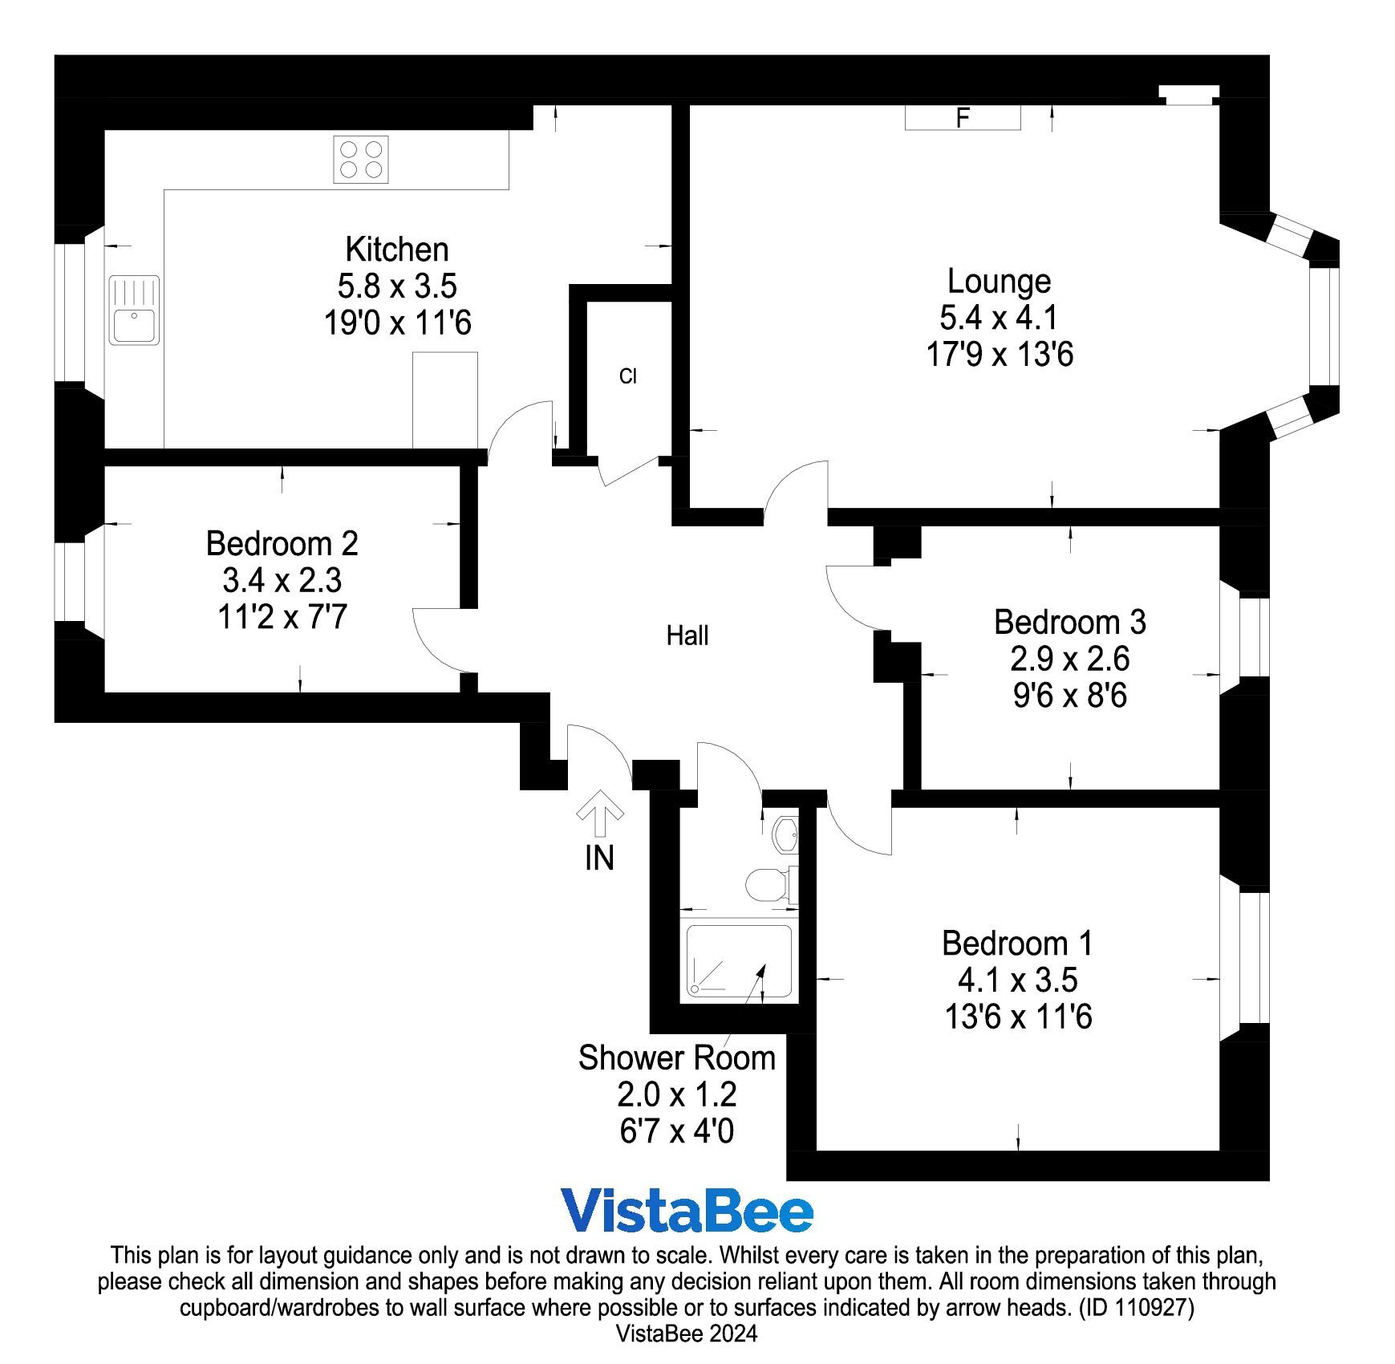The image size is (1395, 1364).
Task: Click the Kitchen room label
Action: coord(396,250)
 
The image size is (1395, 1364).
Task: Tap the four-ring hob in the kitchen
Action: coord(361,160)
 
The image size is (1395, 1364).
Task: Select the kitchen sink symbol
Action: coord(134,311)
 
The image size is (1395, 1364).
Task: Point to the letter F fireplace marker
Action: coord(963,118)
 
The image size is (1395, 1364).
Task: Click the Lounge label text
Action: coord(999,281)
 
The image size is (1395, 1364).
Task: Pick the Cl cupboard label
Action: coord(627,376)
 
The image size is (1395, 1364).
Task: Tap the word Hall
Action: coord(687,635)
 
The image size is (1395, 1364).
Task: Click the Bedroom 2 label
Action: coord(282,543)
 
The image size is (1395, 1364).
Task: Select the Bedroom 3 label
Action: coord(1070,622)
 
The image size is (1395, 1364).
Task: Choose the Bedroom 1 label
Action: coord(1017,943)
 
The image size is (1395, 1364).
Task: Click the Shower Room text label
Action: coord(677,1058)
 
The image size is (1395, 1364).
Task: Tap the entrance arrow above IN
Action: coord(599,814)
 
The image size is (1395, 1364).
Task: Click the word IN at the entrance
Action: coord(599,859)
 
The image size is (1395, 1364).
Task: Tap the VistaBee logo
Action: coord(687,1212)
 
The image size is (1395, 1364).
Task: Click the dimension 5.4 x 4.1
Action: coord(999,318)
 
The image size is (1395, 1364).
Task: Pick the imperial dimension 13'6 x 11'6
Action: coord(1018,1017)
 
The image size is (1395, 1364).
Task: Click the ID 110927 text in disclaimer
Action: coord(1137,1308)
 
